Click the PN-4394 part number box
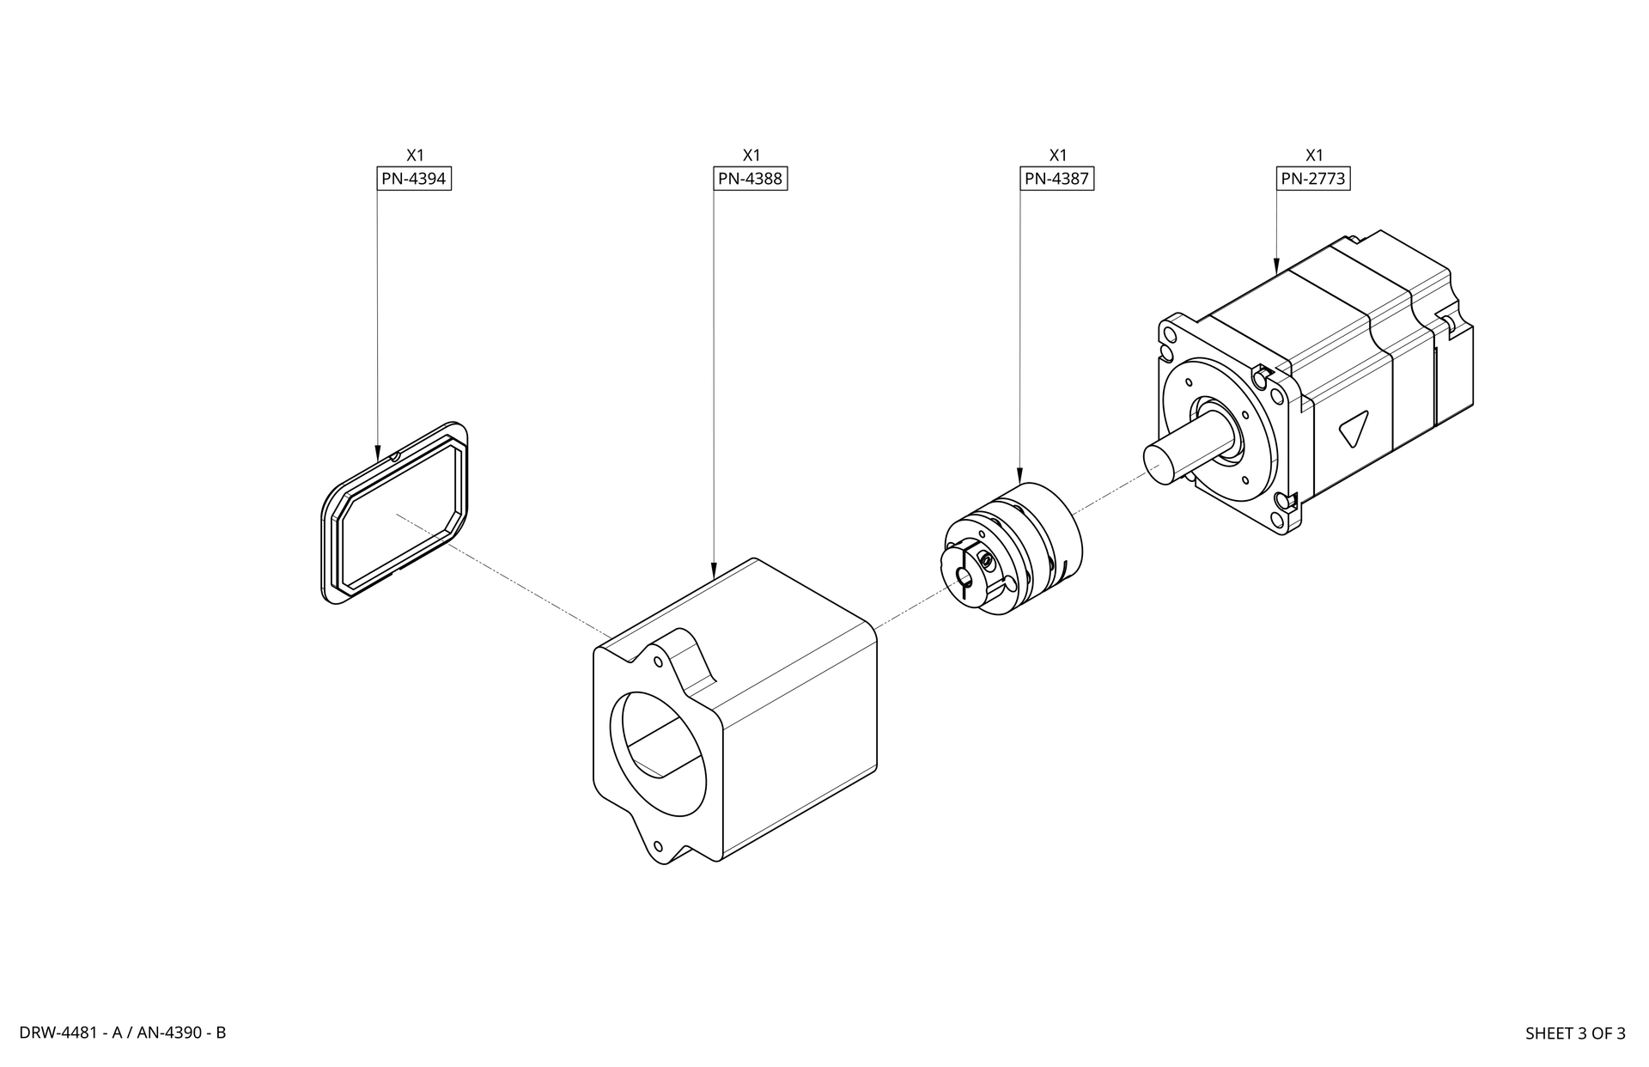414,179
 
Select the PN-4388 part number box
751,179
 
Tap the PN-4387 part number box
1057,179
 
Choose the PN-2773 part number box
1313,179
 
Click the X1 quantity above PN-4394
415,155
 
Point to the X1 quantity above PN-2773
1314,155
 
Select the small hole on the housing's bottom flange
659,845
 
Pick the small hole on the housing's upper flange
658,662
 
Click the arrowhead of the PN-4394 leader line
378,452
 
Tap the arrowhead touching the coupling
1019,475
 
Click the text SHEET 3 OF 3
1575,1033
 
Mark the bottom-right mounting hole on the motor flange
1286,500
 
